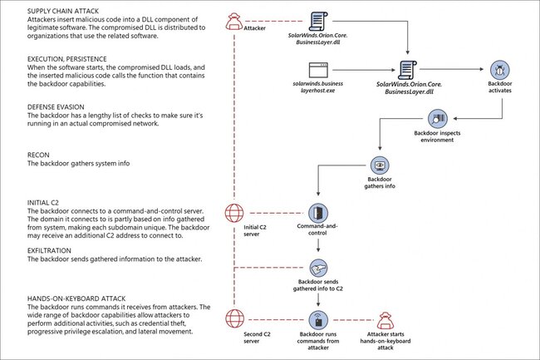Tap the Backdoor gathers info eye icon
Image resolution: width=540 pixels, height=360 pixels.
378,163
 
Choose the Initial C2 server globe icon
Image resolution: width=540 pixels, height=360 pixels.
235,211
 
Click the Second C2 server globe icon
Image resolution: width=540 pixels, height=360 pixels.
235,320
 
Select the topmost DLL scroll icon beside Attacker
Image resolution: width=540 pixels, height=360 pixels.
317,21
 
